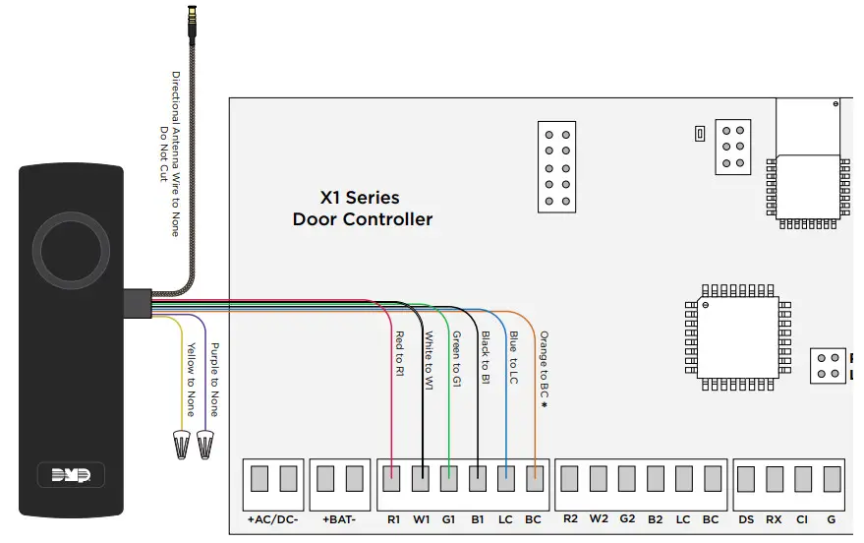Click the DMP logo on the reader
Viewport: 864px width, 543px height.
(71, 475)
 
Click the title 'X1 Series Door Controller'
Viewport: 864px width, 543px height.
(362, 209)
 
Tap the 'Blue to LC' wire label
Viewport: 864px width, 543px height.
(513, 357)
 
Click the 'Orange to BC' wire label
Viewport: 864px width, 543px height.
(543, 368)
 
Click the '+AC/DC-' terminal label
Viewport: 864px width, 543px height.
(274, 518)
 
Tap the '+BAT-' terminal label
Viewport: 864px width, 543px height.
(338, 518)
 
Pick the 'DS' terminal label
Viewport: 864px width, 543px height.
(747, 518)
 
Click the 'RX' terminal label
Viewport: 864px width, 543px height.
(775, 518)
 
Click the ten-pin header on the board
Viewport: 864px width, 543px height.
(556, 165)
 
